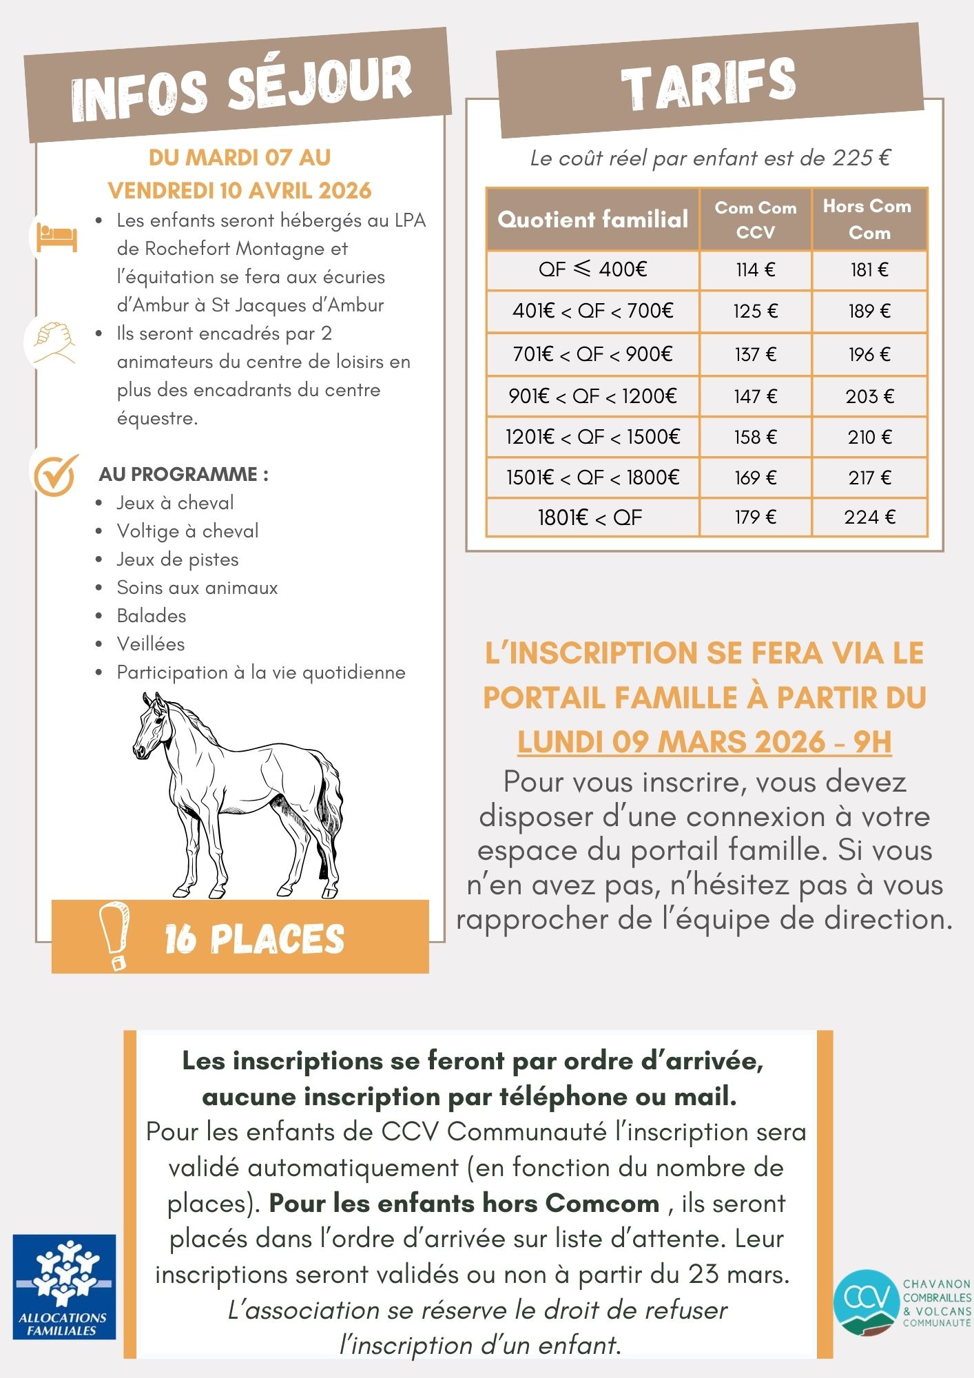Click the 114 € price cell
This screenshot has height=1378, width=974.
coord(755,269)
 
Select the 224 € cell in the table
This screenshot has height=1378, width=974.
coord(869,517)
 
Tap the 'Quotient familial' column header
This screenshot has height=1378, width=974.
coord(592,219)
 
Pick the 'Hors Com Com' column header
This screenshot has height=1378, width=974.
coord(869,219)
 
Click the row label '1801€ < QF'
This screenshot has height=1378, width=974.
coord(590,517)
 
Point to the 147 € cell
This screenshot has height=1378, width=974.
coord(755,396)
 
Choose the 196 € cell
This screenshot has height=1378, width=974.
coord(869,354)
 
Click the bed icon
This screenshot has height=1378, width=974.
coord(56,236)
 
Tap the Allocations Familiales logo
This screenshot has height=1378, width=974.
coord(64,1286)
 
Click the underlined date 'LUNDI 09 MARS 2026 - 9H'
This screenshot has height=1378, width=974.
coord(704,742)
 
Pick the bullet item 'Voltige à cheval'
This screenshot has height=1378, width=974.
coord(187,531)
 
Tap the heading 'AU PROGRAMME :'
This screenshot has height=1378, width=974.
coord(183,474)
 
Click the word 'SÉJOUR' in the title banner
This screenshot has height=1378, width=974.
coord(320,84)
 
